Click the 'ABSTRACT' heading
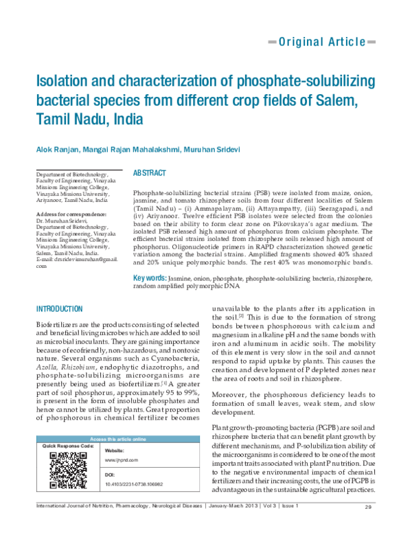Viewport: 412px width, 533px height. tap(149, 174)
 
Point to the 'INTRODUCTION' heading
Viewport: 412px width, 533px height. tap(59, 309)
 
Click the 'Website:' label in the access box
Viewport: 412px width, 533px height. tap(114, 450)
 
